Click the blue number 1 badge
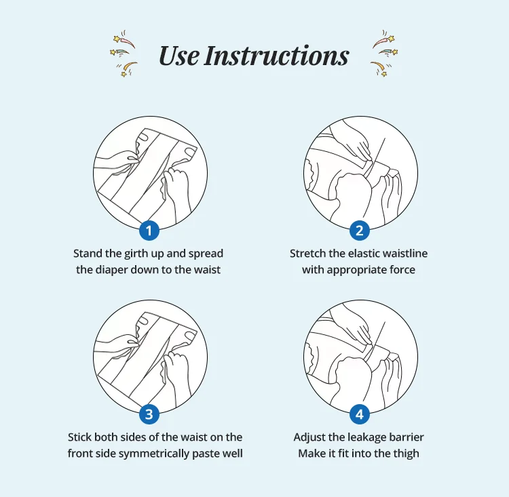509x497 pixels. pyautogui.click(x=149, y=231)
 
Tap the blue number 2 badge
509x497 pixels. pyautogui.click(x=359, y=231)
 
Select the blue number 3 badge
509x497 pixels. pyautogui.click(x=149, y=414)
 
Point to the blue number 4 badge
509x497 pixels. pyautogui.click(x=359, y=414)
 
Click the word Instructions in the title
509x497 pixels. pyautogui.click(x=276, y=56)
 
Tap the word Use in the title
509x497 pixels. pyautogui.click(x=178, y=56)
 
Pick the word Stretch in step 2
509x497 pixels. pyautogui.click(x=307, y=254)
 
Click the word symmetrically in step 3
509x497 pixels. pyautogui.click(x=154, y=454)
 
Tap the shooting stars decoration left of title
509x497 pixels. pyautogui.click(x=124, y=54)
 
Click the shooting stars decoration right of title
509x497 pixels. pyautogui.click(x=384, y=54)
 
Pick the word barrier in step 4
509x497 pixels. pyautogui.click(x=407, y=437)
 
